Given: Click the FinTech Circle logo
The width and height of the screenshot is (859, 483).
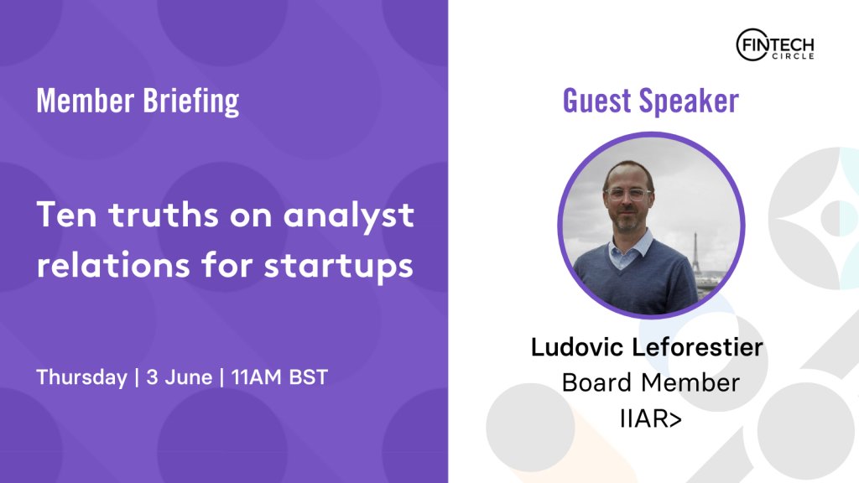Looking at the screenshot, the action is [774, 45].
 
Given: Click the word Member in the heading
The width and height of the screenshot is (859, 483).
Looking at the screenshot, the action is [86, 101].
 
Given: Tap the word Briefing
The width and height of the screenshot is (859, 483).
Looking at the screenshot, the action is [191, 101].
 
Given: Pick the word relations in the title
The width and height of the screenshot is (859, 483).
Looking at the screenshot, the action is [113, 265].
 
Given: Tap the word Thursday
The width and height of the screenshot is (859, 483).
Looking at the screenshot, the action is [81, 378].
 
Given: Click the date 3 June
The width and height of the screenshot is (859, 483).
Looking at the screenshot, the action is [180, 377].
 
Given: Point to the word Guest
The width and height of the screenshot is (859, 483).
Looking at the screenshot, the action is [597, 101].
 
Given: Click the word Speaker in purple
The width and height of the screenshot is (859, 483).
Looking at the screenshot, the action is [690, 102].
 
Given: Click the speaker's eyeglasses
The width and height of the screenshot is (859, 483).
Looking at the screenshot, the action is [627, 194].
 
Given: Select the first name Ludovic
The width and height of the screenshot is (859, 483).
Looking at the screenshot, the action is [577, 347].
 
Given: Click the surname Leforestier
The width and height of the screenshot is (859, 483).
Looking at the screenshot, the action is [697, 347].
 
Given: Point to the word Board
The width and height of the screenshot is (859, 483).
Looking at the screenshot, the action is [597, 382].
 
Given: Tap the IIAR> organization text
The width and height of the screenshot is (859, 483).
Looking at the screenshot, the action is [651, 419].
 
